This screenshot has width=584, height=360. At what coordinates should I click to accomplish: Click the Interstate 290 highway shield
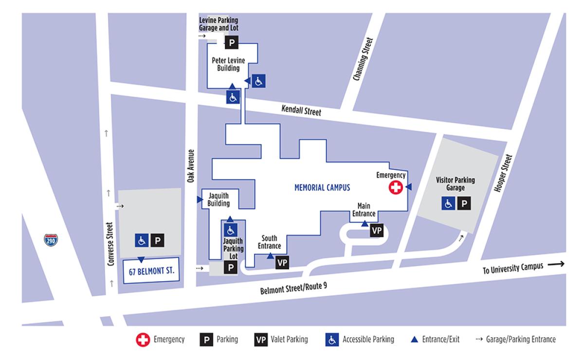(x=50, y=240)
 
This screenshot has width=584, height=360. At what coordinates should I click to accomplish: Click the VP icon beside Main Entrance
(x=377, y=231)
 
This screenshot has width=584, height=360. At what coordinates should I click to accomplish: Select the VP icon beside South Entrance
(x=282, y=263)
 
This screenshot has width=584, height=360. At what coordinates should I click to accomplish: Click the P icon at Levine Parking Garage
(x=232, y=43)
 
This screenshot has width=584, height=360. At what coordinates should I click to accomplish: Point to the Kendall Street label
(x=301, y=111)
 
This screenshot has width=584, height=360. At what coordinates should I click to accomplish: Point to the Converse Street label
(x=110, y=245)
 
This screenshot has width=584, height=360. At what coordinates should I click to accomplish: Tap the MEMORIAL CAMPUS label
(x=322, y=187)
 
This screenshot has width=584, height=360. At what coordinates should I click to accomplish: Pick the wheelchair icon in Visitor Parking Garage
(x=448, y=203)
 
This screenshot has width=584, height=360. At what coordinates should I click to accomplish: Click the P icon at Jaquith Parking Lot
(x=231, y=267)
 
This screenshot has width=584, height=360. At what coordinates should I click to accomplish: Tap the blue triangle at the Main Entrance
(x=365, y=224)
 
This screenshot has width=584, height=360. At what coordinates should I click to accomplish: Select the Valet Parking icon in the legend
(x=261, y=340)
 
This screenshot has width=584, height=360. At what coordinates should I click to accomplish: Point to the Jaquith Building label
(x=219, y=200)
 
